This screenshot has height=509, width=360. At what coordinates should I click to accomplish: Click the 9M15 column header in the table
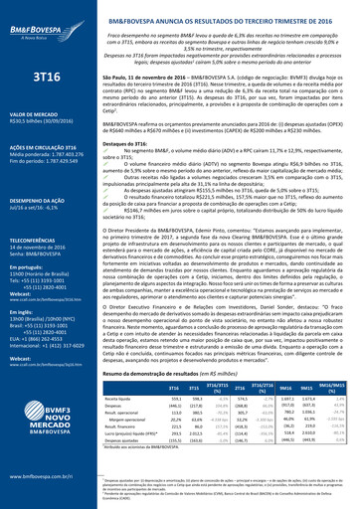click(x=306, y=387)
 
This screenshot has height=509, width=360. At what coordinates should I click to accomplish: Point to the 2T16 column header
click(x=239, y=387)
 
